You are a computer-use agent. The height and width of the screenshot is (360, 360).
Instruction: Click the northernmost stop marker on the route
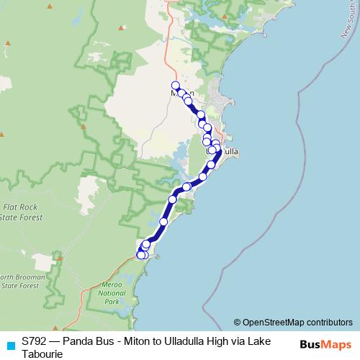point(175,85)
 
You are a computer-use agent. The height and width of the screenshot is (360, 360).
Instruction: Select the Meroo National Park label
point(111,293)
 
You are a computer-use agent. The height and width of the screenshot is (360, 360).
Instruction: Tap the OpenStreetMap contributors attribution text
point(297,323)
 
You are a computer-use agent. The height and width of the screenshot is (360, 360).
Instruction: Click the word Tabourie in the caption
point(42,354)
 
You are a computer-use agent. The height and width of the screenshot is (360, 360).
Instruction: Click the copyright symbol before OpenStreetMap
point(237,323)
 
